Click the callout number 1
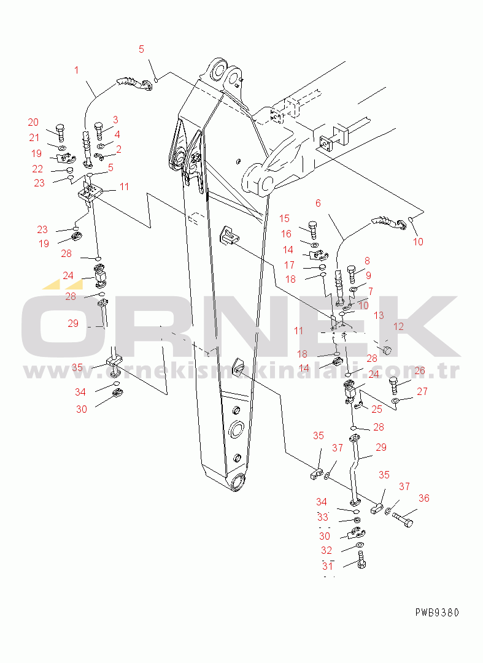[77, 70]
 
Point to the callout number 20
[33, 122]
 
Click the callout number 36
[423, 498]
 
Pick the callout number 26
[420, 371]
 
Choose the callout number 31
[327, 565]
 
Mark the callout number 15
[285, 218]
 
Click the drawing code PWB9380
[436, 612]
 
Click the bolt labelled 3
[99, 131]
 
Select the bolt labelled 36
[403, 521]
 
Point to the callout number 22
[37, 169]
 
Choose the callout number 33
[322, 517]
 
